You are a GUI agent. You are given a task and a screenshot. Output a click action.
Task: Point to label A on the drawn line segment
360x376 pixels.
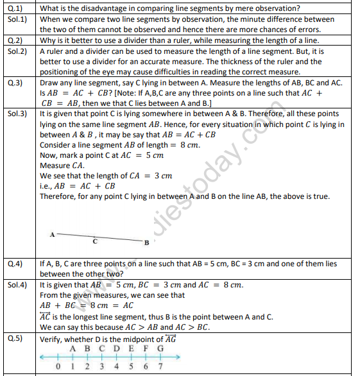point(51,234)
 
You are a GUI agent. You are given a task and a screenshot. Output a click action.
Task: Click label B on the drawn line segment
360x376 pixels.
point(146,243)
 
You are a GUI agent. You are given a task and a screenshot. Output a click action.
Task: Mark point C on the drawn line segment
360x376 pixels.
point(94,243)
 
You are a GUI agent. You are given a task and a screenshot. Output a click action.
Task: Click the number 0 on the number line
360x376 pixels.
point(59,367)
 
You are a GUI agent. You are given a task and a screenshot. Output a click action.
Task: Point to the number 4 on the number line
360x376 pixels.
point(117,367)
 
